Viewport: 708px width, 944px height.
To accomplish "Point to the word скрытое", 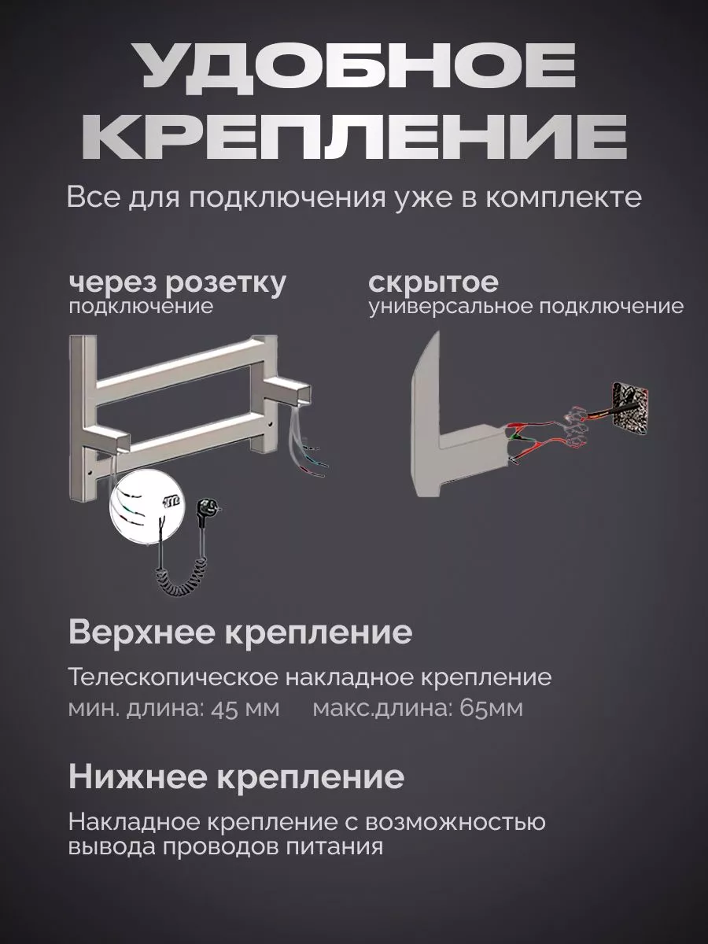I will (x=433, y=282).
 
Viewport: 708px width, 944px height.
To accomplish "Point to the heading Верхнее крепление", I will (x=240, y=632).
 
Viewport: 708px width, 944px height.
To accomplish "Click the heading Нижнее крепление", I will (x=236, y=777).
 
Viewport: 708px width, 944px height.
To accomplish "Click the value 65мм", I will (x=491, y=709).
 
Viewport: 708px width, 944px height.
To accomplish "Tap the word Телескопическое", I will (x=171, y=677).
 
